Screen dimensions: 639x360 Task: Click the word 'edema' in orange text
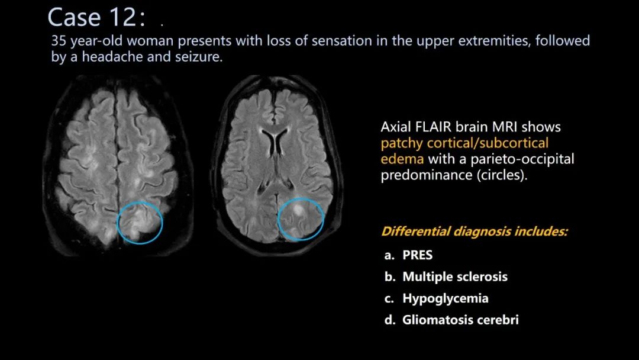(x=402, y=159)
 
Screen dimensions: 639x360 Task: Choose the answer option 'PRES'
(x=417, y=255)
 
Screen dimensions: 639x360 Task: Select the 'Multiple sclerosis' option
(x=455, y=277)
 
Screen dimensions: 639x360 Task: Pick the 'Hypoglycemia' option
(x=446, y=298)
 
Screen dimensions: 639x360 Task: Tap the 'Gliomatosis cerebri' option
(x=460, y=320)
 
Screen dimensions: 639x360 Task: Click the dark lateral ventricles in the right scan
(x=275, y=141)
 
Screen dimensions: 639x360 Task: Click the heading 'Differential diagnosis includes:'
(x=475, y=232)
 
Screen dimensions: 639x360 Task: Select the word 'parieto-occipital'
(x=522, y=159)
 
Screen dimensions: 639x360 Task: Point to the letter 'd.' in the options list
(x=390, y=320)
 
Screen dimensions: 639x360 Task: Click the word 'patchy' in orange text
(x=402, y=143)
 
